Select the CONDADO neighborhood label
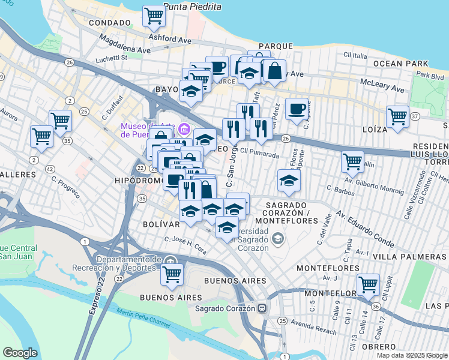coord(109,23)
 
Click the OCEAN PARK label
coord(400,63)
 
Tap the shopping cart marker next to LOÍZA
coord(397,116)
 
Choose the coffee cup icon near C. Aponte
coord(297,109)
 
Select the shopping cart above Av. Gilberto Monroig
coord(352,161)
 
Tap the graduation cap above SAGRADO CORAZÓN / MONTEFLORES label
coord(289,181)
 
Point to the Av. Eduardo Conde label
coord(364,229)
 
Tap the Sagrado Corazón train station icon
coord(262,308)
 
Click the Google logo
coord(20,353)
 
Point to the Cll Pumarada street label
coord(260,154)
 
